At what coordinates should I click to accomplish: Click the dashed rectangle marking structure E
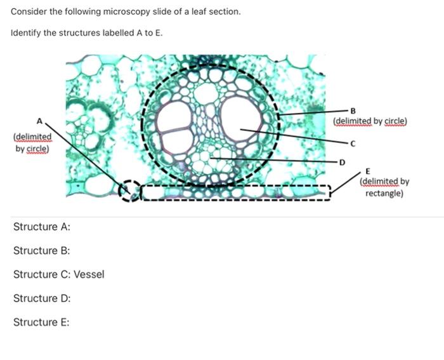(235, 192)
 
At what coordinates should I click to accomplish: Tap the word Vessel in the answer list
(89, 274)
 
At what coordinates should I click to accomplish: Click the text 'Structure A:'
(42, 227)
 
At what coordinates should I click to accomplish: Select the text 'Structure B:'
(42, 251)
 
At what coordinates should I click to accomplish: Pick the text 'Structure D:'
(42, 298)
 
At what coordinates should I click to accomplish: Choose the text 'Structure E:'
(42, 322)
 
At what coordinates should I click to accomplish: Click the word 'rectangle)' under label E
(384, 192)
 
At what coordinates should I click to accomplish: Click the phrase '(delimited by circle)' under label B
(370, 121)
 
